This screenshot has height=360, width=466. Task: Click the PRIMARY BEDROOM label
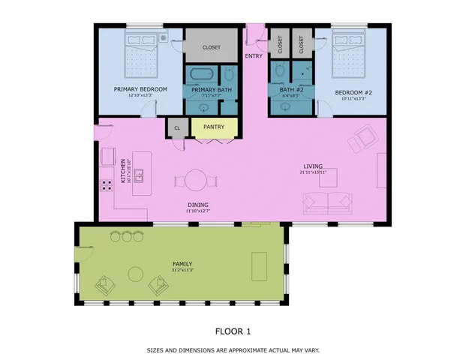[x=140, y=89]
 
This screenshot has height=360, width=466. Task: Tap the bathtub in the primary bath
[x=201, y=76]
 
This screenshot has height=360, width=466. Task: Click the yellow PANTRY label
[x=214, y=127]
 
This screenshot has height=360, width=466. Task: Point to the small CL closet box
[x=177, y=127]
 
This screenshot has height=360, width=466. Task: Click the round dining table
[x=197, y=181]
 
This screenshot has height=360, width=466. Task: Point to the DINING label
[x=197, y=205]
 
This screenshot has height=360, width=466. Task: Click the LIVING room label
[x=313, y=166]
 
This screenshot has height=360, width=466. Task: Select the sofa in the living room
[x=327, y=202]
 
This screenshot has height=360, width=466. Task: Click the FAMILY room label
[x=182, y=264]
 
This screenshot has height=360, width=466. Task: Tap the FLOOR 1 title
[x=233, y=331]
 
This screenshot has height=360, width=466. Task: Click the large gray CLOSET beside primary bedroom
[x=211, y=47]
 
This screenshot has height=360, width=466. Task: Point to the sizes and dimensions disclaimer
[x=233, y=350]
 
